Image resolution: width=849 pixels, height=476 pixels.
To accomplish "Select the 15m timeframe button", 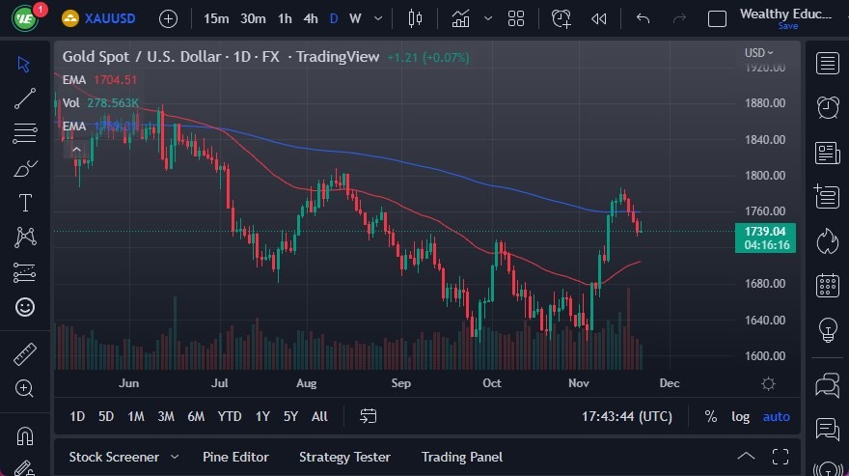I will tap(217, 18).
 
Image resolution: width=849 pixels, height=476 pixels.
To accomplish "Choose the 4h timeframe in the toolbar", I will tap(310, 18).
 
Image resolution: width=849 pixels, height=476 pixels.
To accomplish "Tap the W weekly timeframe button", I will tap(355, 18).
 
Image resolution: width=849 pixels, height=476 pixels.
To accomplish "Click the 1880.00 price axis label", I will tap(764, 103).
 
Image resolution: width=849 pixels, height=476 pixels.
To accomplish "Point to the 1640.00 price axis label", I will tap(764, 321).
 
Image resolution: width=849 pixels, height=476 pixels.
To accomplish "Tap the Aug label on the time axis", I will tap(306, 383).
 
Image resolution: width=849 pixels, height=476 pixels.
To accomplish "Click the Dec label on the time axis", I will tap(669, 383).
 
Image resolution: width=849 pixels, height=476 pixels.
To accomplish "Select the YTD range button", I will tap(230, 416).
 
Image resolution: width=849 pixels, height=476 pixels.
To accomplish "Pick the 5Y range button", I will tap(290, 416).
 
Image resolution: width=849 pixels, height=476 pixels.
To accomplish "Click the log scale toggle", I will tap(740, 416).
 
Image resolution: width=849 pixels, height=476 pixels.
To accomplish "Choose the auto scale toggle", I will tap(777, 416).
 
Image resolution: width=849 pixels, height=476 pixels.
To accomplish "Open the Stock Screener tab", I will tap(114, 457).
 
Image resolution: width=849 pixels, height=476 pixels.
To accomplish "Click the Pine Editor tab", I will tap(235, 457).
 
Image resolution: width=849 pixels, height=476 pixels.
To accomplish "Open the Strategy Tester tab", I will tap(344, 457).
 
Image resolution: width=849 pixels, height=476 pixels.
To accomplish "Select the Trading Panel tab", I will tap(461, 457).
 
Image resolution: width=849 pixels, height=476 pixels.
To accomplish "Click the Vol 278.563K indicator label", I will tap(101, 102).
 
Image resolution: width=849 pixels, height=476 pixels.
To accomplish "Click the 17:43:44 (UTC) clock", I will tap(628, 416).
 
